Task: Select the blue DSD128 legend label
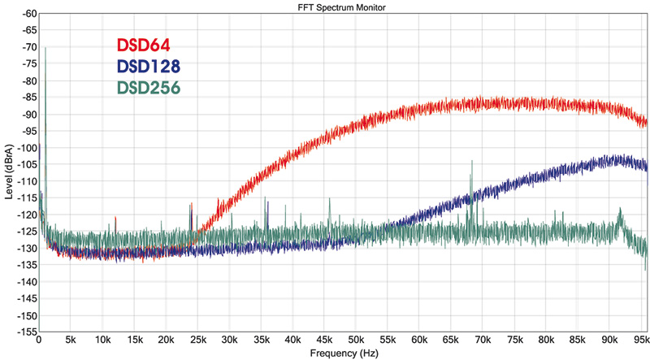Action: point(148,67)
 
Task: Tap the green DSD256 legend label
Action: point(149,87)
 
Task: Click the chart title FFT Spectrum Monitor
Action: point(343,7)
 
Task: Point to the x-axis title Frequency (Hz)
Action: point(343,354)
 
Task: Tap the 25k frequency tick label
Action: point(197,340)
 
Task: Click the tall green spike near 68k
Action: point(470,162)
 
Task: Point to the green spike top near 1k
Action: point(45,48)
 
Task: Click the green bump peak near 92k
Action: point(621,209)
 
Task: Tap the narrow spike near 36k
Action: point(266,200)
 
